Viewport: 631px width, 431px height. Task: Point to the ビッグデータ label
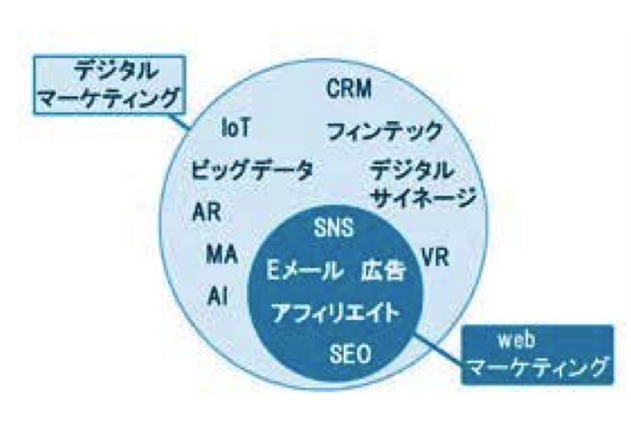[x=252, y=170]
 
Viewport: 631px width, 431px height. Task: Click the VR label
[x=434, y=257]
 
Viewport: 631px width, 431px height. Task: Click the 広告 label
[x=382, y=271]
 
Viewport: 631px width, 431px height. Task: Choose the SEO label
[x=350, y=352]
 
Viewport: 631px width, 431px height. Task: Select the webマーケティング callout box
[x=538, y=354]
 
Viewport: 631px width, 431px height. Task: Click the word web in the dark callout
[x=516, y=340]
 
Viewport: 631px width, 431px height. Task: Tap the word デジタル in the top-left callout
[x=114, y=70]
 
